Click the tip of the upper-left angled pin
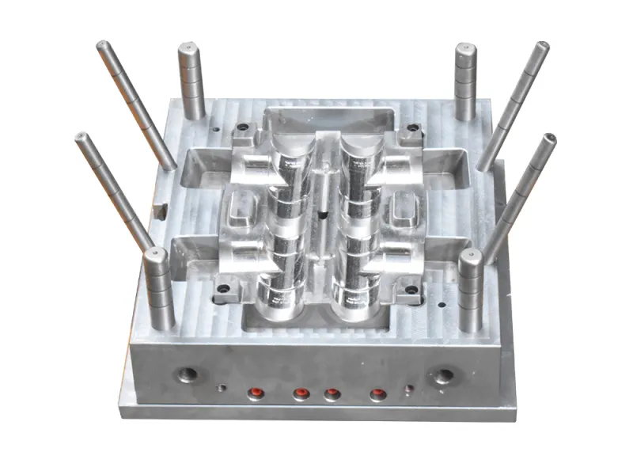pos(102,46)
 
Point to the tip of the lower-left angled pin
pos(81,138)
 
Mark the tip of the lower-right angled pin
pos(548,139)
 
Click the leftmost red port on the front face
pos(256,393)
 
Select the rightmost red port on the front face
pos(378,393)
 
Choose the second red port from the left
pos(301,393)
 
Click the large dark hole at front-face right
pos(443,375)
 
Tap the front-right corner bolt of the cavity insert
pos(411,290)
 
